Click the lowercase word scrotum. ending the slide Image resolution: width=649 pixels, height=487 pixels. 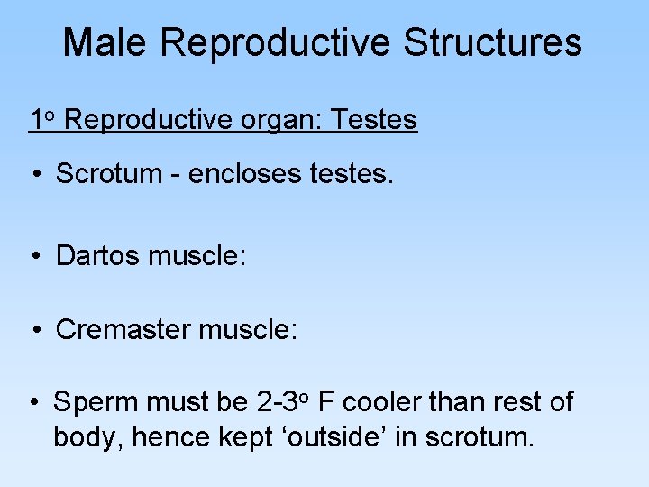(x=480, y=438)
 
